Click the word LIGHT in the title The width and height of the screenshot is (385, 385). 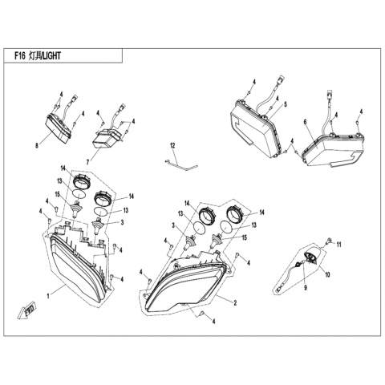pos(51,55)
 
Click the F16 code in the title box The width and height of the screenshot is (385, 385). pos(19,55)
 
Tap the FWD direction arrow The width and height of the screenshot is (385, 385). pos(27,311)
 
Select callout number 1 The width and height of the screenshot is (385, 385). pos(48,296)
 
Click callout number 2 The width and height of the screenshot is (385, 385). pos(235,303)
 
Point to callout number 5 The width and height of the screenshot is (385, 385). pos(286,104)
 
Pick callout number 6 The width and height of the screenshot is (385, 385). pos(305,122)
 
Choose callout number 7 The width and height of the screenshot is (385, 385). pos(87,162)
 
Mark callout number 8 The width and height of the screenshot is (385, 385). pos(37,146)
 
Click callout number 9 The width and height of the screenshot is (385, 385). pos(306,288)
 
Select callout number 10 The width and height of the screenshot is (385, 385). pos(327,274)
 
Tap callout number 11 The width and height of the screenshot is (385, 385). pos(338,245)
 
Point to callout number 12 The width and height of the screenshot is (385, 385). pos(172,146)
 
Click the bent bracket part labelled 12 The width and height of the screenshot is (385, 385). pos(182,165)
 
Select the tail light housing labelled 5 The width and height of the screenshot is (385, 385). pos(255,127)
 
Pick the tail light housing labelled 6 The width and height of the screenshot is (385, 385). pos(333,148)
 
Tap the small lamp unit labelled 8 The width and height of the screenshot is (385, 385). pos(58,130)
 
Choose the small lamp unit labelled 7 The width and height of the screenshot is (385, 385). pos(106,139)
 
